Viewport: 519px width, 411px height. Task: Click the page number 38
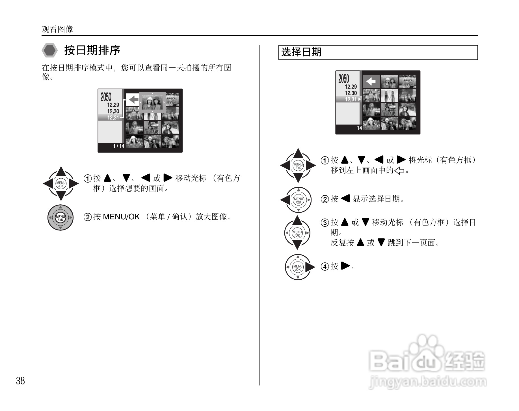[20, 381]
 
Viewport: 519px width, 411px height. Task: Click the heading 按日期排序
[92, 50]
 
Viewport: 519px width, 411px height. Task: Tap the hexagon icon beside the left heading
[50, 51]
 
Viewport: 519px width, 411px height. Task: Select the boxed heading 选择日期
[301, 52]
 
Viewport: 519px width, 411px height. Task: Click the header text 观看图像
[57, 29]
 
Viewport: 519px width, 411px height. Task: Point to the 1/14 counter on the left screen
[119, 146]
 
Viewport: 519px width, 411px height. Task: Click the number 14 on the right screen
[359, 128]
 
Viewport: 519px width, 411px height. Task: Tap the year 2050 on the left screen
[106, 97]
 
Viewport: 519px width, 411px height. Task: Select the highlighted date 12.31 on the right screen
[351, 99]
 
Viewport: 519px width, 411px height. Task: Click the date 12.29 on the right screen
[351, 87]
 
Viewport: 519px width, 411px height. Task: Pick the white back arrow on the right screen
[371, 82]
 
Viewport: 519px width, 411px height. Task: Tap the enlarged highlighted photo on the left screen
[152, 102]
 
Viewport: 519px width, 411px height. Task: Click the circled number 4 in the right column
[325, 267]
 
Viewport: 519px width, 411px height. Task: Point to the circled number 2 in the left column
[88, 217]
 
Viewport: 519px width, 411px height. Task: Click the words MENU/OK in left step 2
[121, 217]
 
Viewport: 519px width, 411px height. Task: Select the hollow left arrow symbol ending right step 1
[399, 171]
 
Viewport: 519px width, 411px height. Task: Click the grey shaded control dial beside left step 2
[60, 218]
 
